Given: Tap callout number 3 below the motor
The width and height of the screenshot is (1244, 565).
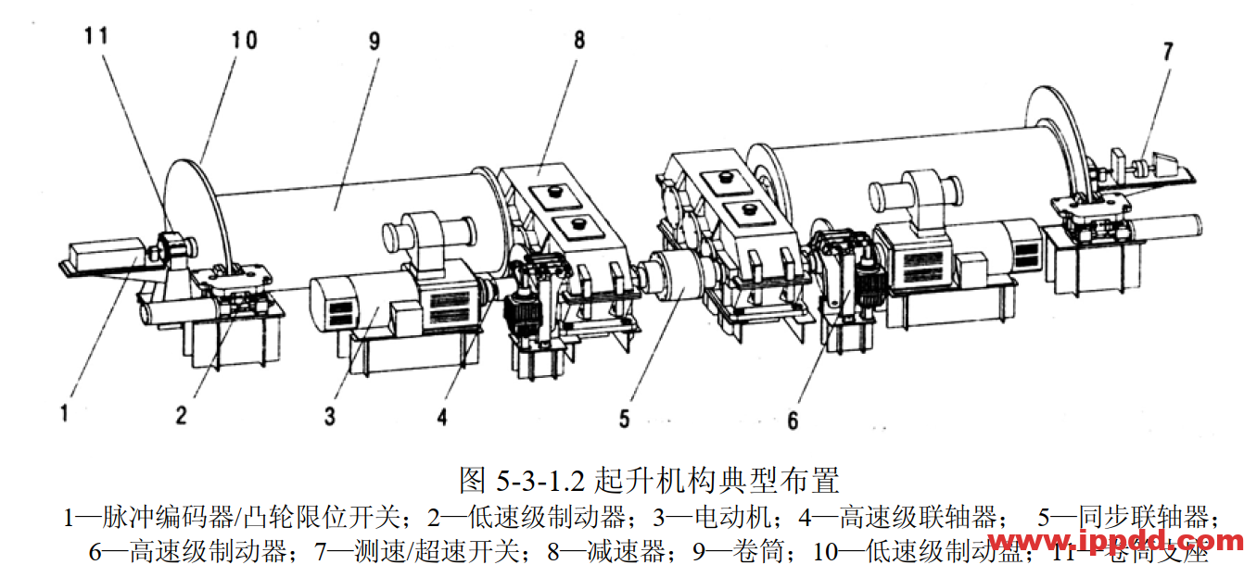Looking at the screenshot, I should pos(329,416).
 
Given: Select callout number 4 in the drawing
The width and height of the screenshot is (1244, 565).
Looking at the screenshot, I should pos(442,417).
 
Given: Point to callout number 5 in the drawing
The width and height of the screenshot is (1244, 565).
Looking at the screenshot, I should pos(624,420).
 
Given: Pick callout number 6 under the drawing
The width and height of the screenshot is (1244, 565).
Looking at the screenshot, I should pos(793,421).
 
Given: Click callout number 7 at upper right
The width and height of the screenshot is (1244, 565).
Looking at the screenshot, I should pos(1167,51).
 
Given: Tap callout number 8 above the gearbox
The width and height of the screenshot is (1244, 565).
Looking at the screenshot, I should pos(579,41).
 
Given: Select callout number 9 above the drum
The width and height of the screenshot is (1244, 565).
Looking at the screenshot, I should pos(373,41).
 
